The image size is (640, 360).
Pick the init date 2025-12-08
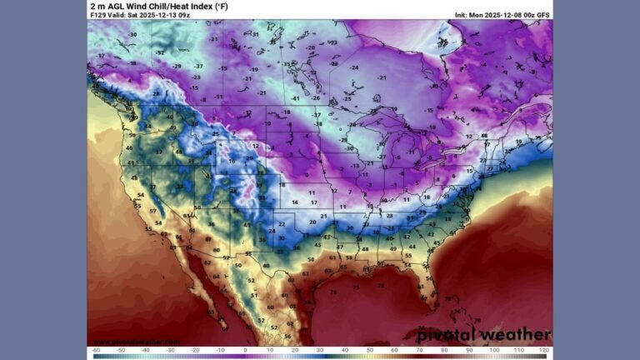[503, 15]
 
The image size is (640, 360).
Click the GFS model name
[543, 15]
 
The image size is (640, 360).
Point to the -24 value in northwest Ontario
[355, 67]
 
